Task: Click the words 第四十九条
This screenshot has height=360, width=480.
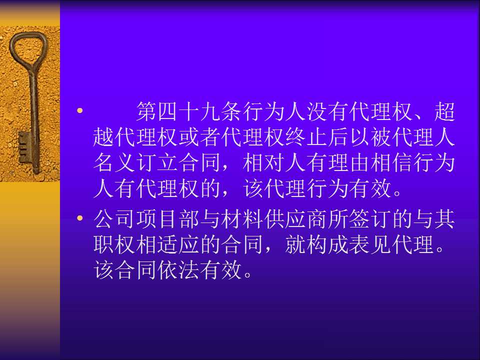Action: pos(189,111)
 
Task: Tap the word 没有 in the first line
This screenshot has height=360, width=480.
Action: pos(328,111)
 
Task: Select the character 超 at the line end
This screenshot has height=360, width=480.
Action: pos(444,111)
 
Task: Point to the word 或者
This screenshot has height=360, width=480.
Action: pos(200,137)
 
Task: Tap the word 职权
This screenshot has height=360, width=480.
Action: pos(114,244)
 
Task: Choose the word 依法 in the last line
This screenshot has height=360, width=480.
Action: pos(179,270)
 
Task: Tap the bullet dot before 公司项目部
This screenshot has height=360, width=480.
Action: pos(80,218)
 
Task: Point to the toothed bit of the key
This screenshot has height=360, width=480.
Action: pos(24,147)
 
